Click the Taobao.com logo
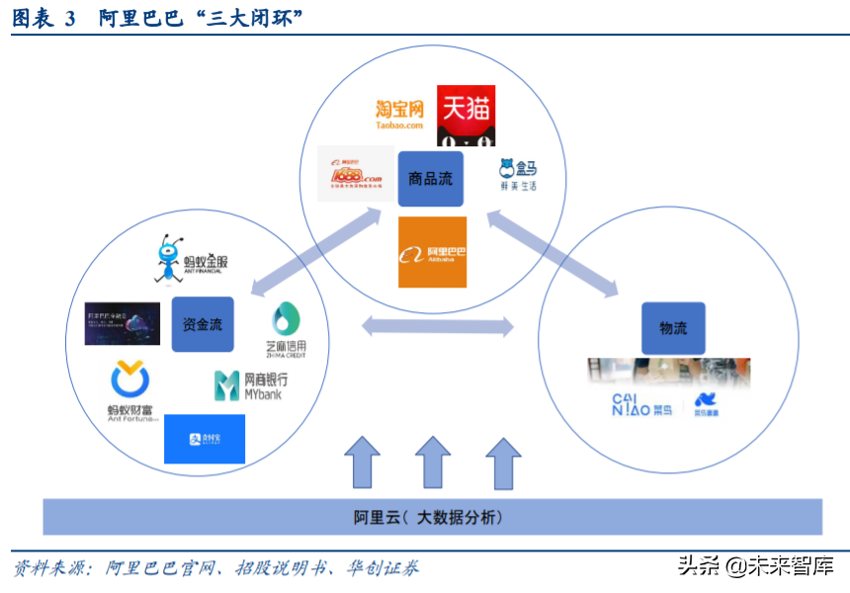point(399,115)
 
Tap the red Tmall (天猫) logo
point(466,115)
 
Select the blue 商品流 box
point(430,179)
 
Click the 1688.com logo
point(356,174)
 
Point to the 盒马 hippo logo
point(517,175)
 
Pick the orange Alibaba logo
point(432,252)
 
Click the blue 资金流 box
point(203,323)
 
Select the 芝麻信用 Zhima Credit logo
point(286,329)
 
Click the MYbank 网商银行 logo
point(251,385)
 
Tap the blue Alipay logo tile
point(204,439)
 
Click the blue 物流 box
point(673,328)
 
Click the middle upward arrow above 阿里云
point(432,463)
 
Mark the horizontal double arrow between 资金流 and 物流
point(438,325)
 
